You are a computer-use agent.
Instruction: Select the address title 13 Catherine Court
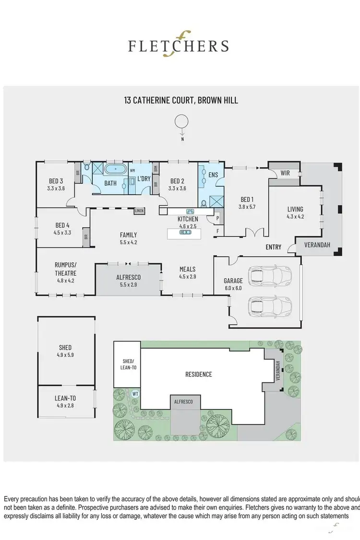point(180,100)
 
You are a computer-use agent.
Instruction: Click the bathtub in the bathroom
point(115,170)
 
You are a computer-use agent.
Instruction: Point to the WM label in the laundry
point(132,171)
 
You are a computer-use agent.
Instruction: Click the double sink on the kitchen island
point(184,233)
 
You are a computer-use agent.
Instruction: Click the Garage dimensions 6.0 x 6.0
point(233,288)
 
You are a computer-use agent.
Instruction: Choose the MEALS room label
point(187,269)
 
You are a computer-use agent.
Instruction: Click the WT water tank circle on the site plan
point(135,394)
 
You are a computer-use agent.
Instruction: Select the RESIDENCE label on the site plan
point(198,374)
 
